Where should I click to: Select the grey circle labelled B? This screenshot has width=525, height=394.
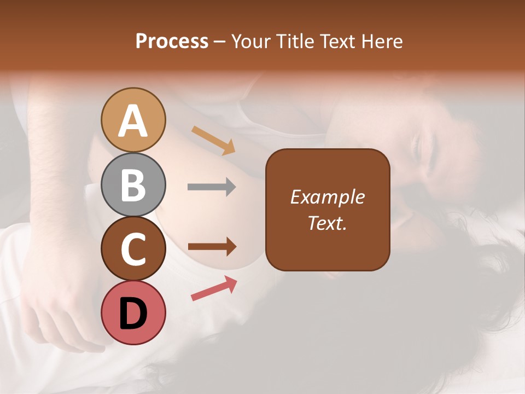pyautogui.click(x=133, y=185)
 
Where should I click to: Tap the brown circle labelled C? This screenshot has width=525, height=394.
pyautogui.click(x=133, y=248)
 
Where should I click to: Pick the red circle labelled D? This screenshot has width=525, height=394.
pyautogui.click(x=133, y=312)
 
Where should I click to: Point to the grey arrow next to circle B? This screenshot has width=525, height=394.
pyautogui.click(x=212, y=187)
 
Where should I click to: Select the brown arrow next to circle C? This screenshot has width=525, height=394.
pyautogui.click(x=212, y=247)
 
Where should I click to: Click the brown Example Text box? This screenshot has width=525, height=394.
pyautogui.click(x=328, y=210)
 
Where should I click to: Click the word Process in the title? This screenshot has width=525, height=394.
pyautogui.click(x=172, y=41)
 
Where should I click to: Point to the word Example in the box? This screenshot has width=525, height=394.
pyautogui.click(x=328, y=197)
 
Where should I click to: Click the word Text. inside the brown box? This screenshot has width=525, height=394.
pyautogui.click(x=328, y=223)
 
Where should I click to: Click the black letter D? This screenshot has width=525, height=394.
pyautogui.click(x=133, y=314)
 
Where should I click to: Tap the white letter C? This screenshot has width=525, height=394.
pyautogui.click(x=133, y=250)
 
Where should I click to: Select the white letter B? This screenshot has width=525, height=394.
pyautogui.click(x=133, y=186)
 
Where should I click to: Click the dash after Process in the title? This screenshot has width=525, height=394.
pyautogui.click(x=220, y=42)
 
